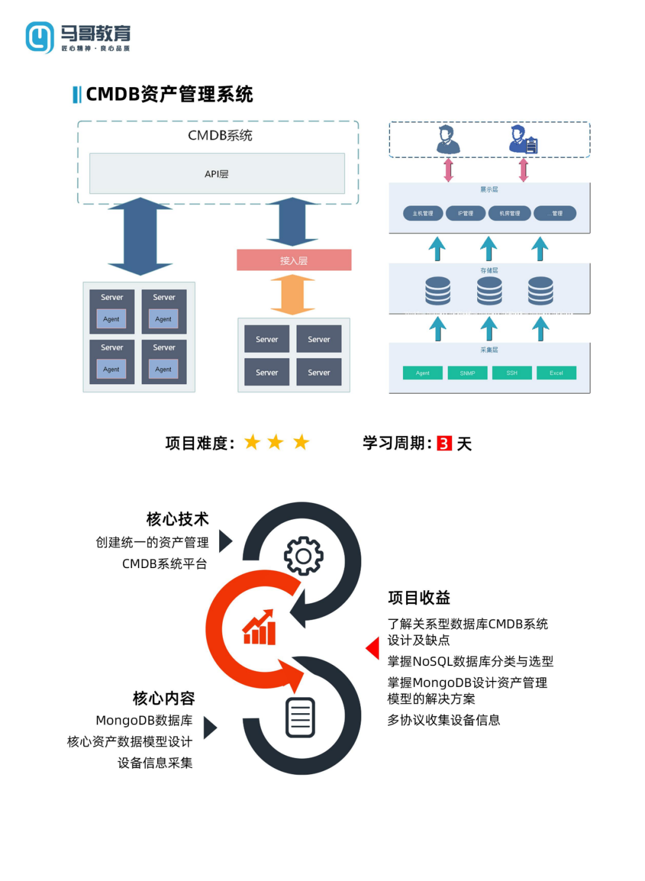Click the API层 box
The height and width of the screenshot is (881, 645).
pyautogui.click(x=217, y=174)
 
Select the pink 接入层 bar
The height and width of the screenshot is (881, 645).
pyautogui.click(x=294, y=260)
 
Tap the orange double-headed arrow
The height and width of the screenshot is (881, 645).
pyautogui.click(x=293, y=294)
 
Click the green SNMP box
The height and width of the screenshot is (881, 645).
pyautogui.click(x=468, y=373)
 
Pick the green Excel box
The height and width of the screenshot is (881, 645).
pyautogui.click(x=556, y=373)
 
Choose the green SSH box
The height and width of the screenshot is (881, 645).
pyautogui.click(x=512, y=373)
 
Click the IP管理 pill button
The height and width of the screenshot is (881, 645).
pyautogui.click(x=466, y=213)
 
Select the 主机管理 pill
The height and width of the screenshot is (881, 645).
pyautogui.click(x=423, y=213)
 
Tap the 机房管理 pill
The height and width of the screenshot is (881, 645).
pyautogui.click(x=509, y=213)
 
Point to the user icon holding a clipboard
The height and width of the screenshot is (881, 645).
pyautogui.click(x=523, y=140)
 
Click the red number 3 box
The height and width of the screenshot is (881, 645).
pyautogui.click(x=444, y=443)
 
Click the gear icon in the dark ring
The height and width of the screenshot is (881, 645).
pyautogui.click(x=303, y=555)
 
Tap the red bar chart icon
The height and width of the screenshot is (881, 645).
pyautogui.click(x=260, y=628)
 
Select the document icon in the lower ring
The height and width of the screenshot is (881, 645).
pyautogui.click(x=300, y=717)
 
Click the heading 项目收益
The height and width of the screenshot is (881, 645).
pyautogui.click(x=419, y=597)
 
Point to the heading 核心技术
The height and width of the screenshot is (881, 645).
pyautogui.click(x=177, y=518)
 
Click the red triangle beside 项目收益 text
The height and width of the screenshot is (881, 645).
pyautogui.click(x=373, y=648)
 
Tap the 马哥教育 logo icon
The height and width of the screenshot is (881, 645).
pyautogui.click(x=40, y=37)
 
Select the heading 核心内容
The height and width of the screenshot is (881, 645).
pyautogui.click(x=164, y=698)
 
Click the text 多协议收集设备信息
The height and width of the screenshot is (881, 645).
pyautogui.click(x=444, y=720)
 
